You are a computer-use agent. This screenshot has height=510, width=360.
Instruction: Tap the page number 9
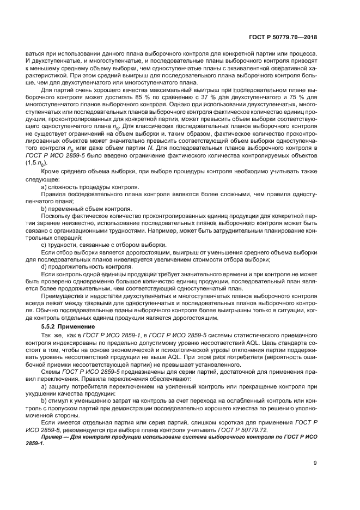coord(315,464)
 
